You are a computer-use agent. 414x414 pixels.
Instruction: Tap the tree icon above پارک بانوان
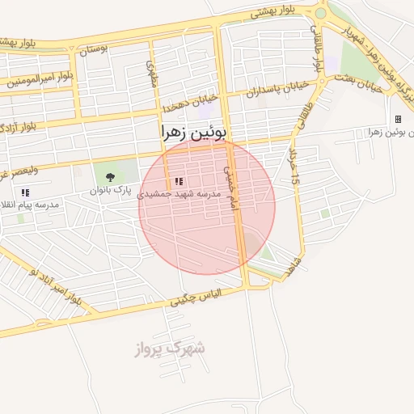click(110, 176)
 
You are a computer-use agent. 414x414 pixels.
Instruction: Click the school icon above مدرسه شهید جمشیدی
click(179, 182)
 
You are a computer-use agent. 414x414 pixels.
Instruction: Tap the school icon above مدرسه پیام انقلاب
click(25, 192)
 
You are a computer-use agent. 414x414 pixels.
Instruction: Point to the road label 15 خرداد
click(294, 168)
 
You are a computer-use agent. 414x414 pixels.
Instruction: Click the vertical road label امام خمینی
click(232, 190)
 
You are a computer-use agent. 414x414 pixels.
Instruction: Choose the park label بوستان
click(94, 50)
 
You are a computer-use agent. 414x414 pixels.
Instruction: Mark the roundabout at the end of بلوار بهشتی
click(322, 12)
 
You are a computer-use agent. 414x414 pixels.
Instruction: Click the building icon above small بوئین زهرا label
click(398, 119)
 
